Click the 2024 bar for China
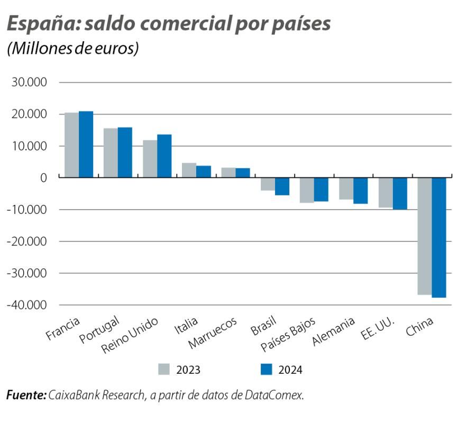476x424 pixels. [439, 238]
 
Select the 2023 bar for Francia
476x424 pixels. [71, 145]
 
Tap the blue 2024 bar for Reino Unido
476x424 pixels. [164, 156]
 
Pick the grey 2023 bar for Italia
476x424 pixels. [189, 170]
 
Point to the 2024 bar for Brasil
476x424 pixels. [282, 186]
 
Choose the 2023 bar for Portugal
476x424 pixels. [111, 153]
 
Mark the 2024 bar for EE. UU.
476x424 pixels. [399, 194]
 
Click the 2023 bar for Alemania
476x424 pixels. [346, 189]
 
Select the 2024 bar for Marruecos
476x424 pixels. [243, 173]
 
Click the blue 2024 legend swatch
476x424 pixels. [267, 369]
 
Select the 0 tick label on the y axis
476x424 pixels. [43, 178]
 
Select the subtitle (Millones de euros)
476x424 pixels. [72, 48]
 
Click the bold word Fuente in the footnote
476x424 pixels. [26, 395]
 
